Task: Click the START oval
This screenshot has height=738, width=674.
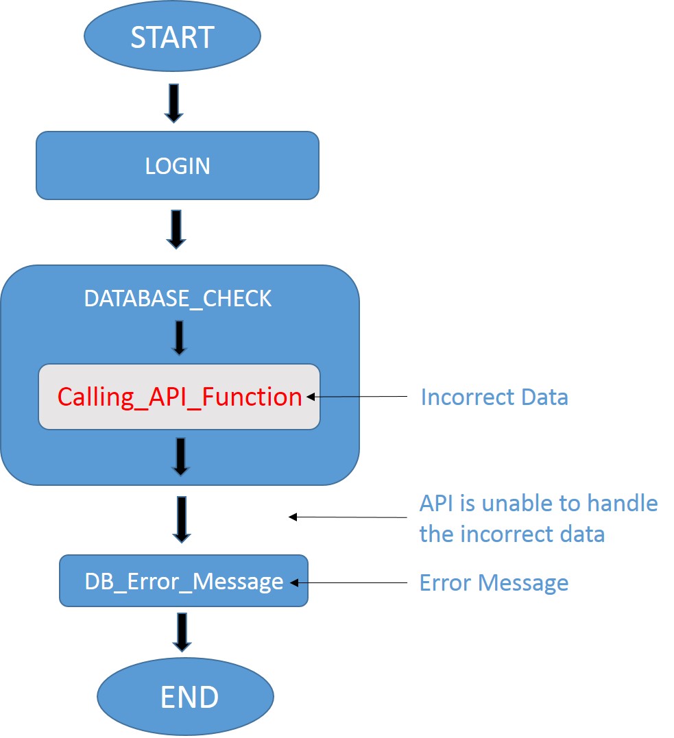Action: (x=172, y=37)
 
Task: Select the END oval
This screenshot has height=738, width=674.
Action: (x=185, y=697)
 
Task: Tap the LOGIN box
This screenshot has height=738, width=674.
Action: (x=178, y=166)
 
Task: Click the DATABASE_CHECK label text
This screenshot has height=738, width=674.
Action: (x=178, y=299)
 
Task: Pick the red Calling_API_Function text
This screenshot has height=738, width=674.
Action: (x=180, y=397)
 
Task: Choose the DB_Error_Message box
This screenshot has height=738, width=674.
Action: (x=184, y=581)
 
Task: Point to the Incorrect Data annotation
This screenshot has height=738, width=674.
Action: (x=494, y=397)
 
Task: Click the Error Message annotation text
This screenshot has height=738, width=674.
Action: (x=494, y=582)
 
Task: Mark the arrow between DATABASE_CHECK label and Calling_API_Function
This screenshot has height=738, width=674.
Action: (x=179, y=337)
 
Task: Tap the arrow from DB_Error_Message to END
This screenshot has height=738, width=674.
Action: (x=182, y=632)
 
